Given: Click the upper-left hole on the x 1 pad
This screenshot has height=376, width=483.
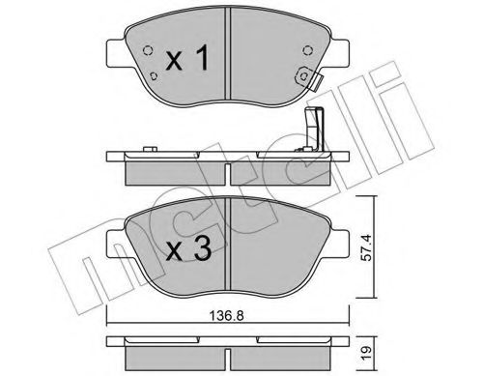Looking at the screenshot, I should click(x=146, y=52).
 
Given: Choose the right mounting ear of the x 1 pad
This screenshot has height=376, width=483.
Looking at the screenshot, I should click(x=340, y=45).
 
